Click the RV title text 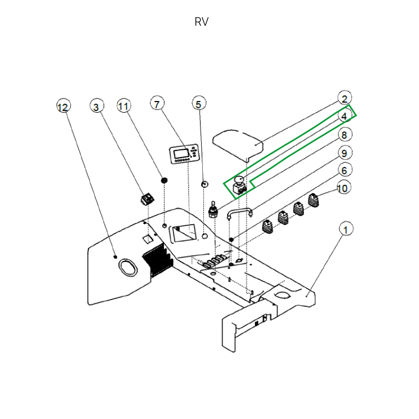[202, 22]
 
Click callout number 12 [63, 106]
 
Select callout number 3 [96, 106]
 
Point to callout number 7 [157, 103]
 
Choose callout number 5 [199, 103]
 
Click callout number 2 [345, 98]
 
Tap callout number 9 [345, 152]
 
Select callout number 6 [345, 170]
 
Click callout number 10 [344, 188]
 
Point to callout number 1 [346, 229]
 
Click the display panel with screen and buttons [184, 154]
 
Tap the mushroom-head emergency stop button [239, 185]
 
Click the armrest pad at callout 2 [238, 145]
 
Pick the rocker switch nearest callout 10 [314, 201]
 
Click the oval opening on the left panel [128, 267]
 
